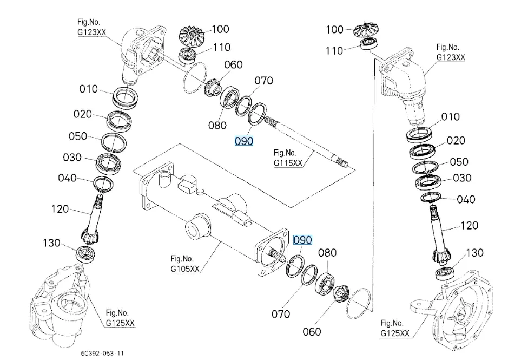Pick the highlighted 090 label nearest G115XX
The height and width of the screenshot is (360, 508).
click(x=243, y=141)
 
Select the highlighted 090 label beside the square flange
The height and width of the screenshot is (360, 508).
click(x=302, y=239)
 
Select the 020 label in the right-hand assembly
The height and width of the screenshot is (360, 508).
click(x=456, y=141)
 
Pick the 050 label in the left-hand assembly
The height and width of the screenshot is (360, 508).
click(x=78, y=136)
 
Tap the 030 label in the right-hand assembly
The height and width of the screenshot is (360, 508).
click(x=462, y=178)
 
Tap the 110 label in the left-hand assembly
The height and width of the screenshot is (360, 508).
click(x=222, y=48)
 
